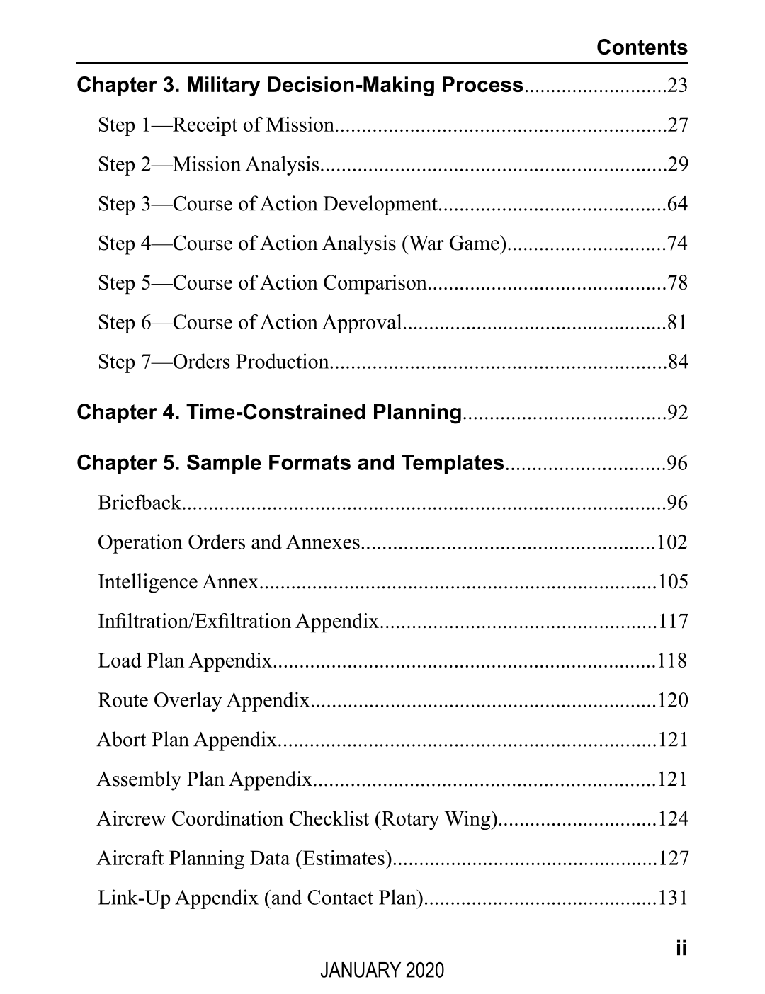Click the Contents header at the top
[642, 47]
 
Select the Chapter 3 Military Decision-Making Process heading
[300, 86]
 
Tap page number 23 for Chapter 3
[677, 86]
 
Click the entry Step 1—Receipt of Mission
[215, 125]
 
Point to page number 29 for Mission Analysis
[677, 165]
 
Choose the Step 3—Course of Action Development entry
[268, 205]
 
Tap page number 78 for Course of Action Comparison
[677, 283]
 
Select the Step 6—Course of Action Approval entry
[250, 323]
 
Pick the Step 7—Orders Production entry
[212, 362]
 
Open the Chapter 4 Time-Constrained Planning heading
[269, 412]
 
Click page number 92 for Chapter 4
[677, 413]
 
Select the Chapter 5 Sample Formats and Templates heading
[290, 463]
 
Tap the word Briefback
[140, 503]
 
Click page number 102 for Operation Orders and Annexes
[672, 542]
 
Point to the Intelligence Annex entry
[178, 582]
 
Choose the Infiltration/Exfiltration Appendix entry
[239, 622]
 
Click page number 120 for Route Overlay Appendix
[672, 701]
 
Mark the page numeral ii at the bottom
[681, 948]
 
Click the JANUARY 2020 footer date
[382, 970]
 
